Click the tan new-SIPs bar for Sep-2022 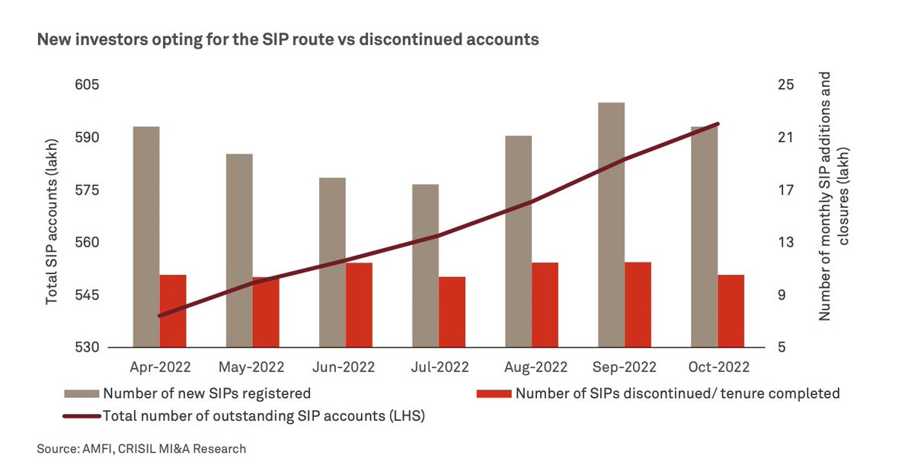click(611, 224)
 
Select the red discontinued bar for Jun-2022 click(359, 305)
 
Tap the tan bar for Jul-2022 click(425, 266)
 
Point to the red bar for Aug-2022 click(545, 305)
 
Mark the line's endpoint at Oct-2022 click(717, 123)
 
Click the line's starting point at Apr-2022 click(160, 315)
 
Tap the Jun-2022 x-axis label click(344, 367)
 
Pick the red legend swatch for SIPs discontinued click(493, 394)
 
